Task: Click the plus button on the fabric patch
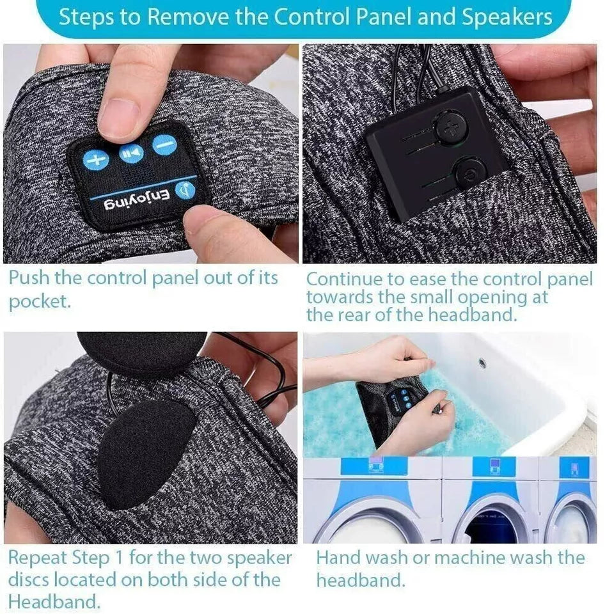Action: (x=96, y=159)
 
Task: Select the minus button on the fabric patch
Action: (x=164, y=145)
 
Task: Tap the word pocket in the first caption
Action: (x=39, y=302)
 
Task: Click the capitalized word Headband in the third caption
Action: (x=54, y=602)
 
